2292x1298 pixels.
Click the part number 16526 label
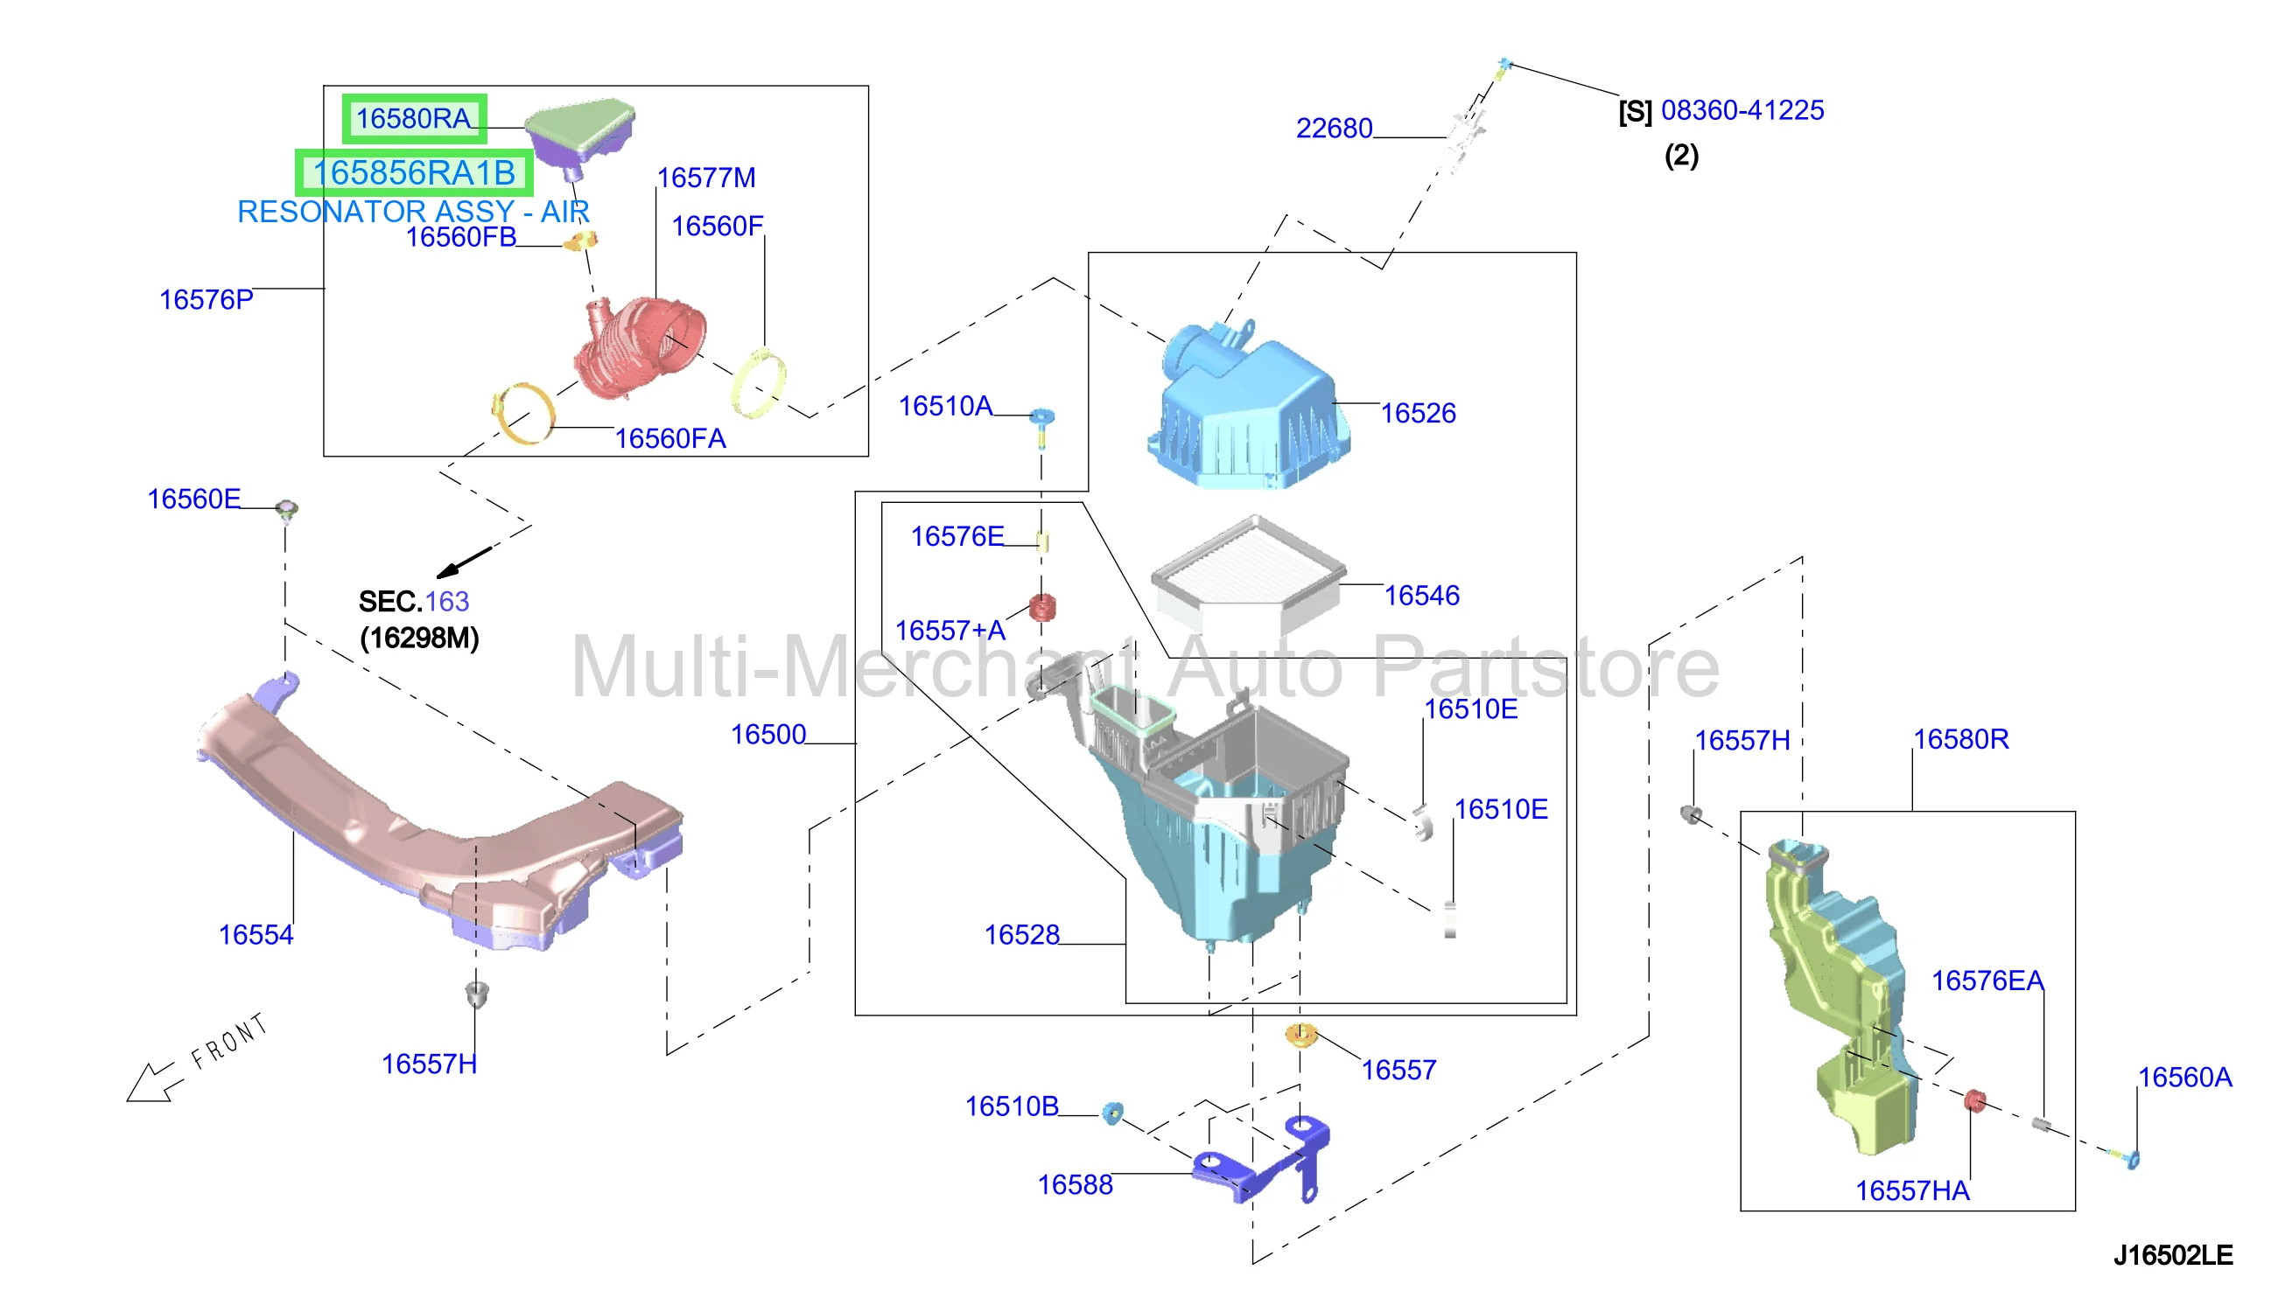pos(1417,414)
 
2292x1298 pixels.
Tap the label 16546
pos(1420,596)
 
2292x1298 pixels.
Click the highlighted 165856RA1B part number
pos(414,173)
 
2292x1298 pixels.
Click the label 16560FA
pos(669,438)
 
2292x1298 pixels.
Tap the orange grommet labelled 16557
pos(1300,1035)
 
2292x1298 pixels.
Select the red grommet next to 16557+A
pos(1041,608)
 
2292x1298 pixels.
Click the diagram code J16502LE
pos(2172,1255)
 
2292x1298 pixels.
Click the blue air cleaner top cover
pos(1249,406)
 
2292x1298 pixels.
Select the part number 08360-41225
pos(1742,110)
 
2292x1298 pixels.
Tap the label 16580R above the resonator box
pos(1960,739)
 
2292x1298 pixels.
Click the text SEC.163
pos(414,602)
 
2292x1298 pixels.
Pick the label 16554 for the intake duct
pos(256,935)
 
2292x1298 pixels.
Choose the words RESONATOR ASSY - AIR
pos(413,213)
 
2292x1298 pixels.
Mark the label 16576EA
pos(1987,980)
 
